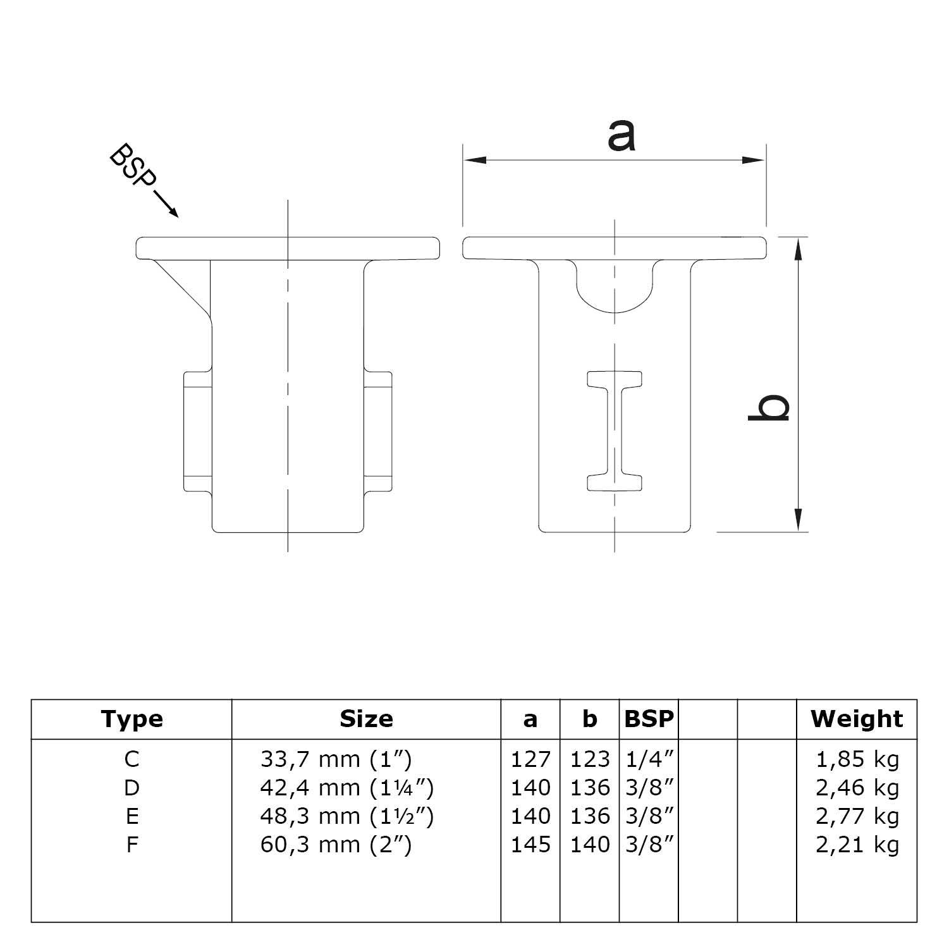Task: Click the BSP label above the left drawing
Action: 132,166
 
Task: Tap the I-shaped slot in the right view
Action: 615,431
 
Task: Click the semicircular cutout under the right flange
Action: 615,288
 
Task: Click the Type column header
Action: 132,719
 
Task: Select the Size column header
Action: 366,719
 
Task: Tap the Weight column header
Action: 857,719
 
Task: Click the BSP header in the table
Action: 649,719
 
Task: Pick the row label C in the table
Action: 132,759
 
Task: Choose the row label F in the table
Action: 132,845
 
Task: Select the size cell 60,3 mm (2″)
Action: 336,845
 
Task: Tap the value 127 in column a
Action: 530,759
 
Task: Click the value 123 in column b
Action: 589,759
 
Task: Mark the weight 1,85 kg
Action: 857,759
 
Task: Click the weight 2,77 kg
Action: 857,816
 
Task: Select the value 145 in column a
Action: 530,845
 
